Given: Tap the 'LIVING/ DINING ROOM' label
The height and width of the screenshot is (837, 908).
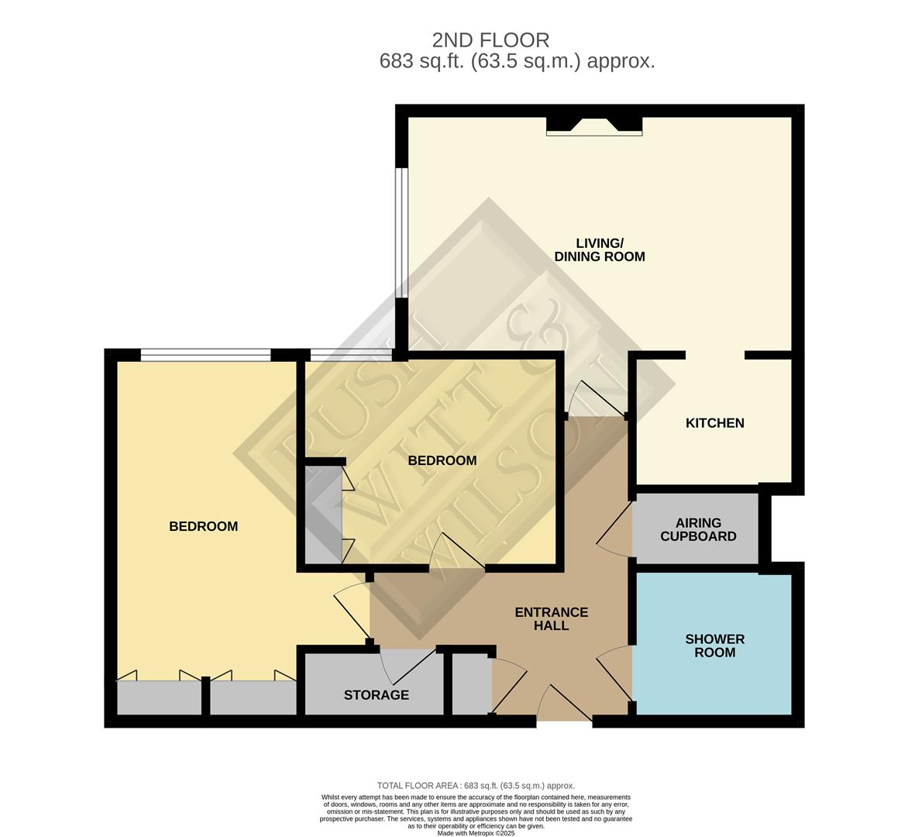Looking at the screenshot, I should point(599,250).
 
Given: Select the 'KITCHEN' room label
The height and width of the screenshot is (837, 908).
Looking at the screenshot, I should point(714,423).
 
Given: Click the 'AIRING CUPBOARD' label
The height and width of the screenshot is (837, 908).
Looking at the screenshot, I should point(698,529).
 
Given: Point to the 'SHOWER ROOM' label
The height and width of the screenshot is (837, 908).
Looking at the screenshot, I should point(714,646).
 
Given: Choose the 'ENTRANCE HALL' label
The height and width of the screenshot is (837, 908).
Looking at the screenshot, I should point(551,618).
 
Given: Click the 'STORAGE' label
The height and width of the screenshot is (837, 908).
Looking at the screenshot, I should point(377,695).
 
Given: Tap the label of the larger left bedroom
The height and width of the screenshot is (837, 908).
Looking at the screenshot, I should point(203,526).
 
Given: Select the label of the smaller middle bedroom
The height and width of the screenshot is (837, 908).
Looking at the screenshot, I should point(442,460).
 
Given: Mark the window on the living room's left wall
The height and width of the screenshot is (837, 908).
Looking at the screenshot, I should point(401,232).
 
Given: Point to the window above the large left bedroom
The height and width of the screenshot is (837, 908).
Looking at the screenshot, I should point(205,356).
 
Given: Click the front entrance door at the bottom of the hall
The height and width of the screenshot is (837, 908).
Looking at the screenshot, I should point(564,705).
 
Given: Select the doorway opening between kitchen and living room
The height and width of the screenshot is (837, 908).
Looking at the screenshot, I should point(715,356).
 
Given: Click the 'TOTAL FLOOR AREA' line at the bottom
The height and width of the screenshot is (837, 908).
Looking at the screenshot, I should point(476,785).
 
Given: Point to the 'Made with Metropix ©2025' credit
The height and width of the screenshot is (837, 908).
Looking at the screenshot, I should point(476,833).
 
